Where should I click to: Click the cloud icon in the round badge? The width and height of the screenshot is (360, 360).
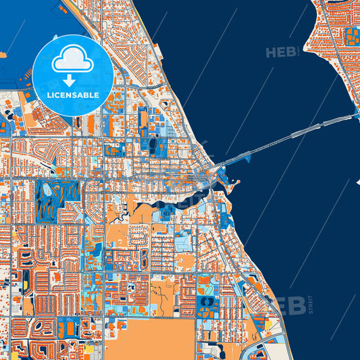[73, 59]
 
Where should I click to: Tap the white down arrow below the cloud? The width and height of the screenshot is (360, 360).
[73, 80]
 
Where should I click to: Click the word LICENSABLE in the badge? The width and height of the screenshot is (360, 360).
[73, 95]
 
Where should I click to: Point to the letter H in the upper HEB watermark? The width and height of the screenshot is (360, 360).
[272, 53]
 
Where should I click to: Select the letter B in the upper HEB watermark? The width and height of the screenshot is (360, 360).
[292, 53]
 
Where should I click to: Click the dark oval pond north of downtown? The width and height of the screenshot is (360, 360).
[153, 145]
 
